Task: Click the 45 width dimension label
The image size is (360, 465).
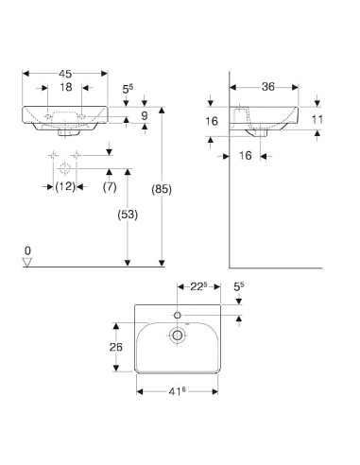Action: (x=65, y=74)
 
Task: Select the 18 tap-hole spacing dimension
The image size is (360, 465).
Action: (x=66, y=87)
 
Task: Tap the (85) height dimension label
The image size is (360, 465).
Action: (x=162, y=189)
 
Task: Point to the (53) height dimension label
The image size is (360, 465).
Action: (x=128, y=215)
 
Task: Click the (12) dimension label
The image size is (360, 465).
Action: (x=65, y=187)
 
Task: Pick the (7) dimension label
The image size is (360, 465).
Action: (x=110, y=187)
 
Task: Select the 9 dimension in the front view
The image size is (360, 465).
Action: (x=145, y=115)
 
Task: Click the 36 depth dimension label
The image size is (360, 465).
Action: (x=268, y=87)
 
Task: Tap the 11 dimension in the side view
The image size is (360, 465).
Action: (x=317, y=119)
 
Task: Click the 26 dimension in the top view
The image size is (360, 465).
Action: (x=116, y=347)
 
